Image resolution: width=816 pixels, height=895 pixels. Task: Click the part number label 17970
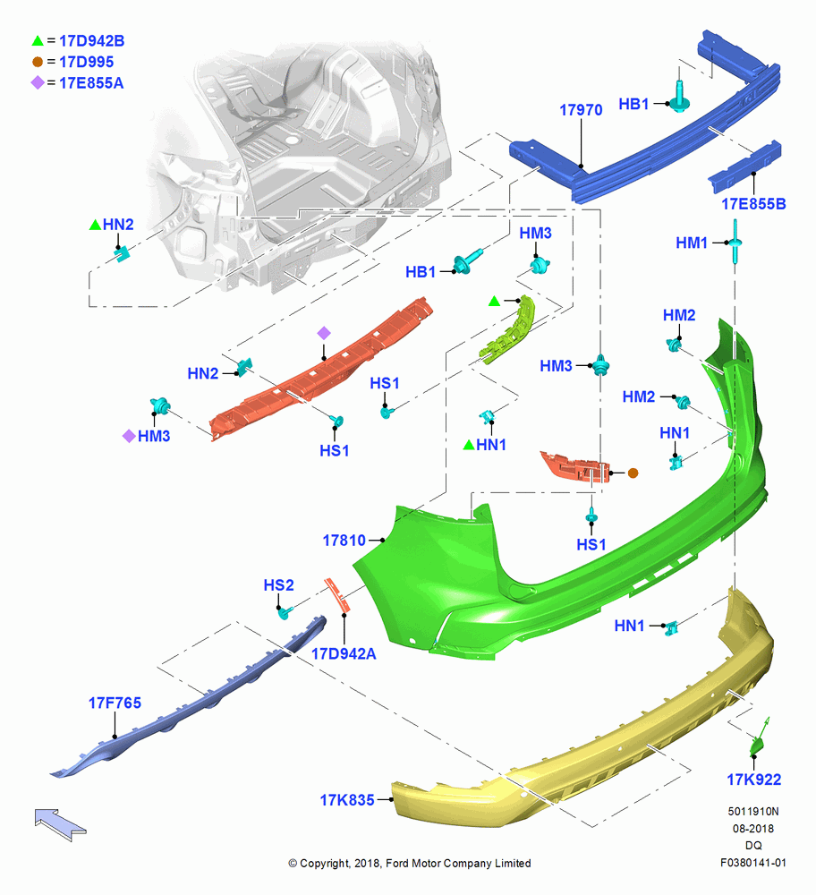coord(581,109)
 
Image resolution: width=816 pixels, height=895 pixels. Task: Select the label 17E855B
coord(753,204)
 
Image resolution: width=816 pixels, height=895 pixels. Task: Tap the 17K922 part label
coord(753,780)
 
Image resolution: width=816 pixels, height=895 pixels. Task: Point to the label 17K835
coord(347,800)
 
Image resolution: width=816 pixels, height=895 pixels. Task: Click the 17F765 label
coord(115,703)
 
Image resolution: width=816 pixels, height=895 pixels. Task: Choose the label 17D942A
coord(344,653)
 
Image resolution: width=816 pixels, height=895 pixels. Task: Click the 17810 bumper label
coord(344,540)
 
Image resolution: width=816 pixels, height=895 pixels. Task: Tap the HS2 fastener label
coord(278,585)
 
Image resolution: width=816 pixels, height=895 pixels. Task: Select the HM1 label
coord(691,243)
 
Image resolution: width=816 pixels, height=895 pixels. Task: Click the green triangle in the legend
coord(38,40)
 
